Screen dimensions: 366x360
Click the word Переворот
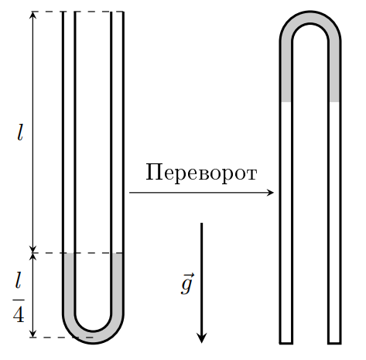click(x=201, y=173)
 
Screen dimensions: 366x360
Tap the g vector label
click(x=187, y=283)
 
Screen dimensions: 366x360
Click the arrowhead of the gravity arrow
click(x=201, y=338)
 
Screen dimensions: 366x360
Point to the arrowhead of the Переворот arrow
click(x=270, y=193)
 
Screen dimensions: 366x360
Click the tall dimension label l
click(x=20, y=132)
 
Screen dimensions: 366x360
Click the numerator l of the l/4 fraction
click(x=18, y=280)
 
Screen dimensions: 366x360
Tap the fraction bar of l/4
click(x=19, y=300)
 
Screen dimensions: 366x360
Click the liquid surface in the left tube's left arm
click(x=69, y=253)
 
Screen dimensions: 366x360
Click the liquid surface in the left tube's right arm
click(x=117, y=253)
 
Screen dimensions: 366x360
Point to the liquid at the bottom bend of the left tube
click(x=93, y=337)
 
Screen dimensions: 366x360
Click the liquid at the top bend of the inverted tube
click(x=310, y=18)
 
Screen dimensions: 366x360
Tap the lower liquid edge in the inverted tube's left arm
click(x=286, y=102)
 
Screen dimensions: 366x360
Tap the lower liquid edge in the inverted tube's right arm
click(x=334, y=102)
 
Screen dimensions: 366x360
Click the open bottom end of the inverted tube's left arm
click(x=286, y=343)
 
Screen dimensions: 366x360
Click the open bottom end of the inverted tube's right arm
click(x=334, y=343)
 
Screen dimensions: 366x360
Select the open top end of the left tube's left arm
click(x=69, y=12)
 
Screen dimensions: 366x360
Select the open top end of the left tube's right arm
click(x=117, y=12)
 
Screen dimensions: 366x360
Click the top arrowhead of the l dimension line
click(x=32, y=15)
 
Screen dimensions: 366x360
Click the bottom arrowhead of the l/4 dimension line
click(x=32, y=334)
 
